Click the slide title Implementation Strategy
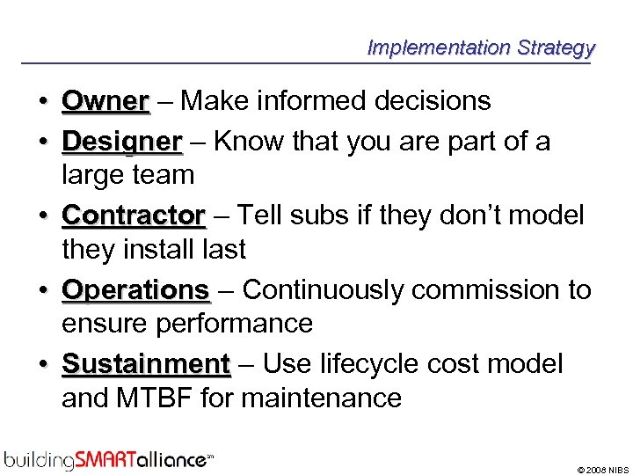[481, 47]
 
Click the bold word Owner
[105, 101]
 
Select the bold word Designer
[122, 142]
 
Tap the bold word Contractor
[134, 216]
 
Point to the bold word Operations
[135, 289]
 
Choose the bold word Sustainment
[146, 363]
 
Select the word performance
[235, 324]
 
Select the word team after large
[166, 175]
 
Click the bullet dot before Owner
[42, 102]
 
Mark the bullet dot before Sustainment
[42, 364]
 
